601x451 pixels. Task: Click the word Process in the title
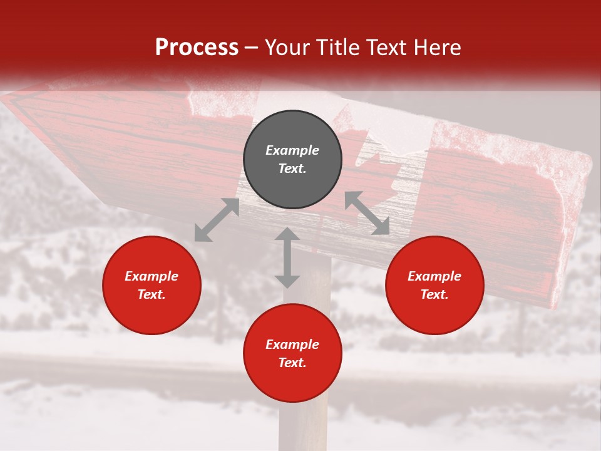pos(197,48)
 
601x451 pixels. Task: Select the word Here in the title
pos(436,48)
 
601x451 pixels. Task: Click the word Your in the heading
pos(287,48)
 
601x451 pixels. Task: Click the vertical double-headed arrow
pos(287,257)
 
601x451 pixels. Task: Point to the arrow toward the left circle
pos(217,220)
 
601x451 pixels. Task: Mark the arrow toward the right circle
pos(367,213)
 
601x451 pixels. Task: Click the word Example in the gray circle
pos(292,150)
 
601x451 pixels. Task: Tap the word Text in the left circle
pos(152,294)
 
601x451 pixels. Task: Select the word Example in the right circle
pos(434,276)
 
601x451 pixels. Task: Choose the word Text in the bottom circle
pos(292,363)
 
